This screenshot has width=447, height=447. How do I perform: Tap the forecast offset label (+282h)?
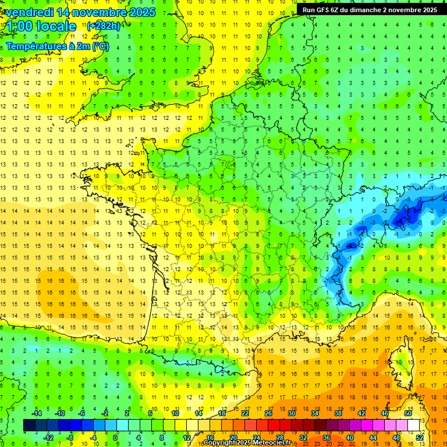pyautogui.click(x=104, y=26)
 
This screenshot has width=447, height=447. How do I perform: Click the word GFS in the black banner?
pyautogui.click(x=328, y=10)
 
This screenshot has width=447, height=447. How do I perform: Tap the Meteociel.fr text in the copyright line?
pyautogui.click(x=275, y=442)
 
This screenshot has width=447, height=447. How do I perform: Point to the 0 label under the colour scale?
pyautogui.click(x=115, y=437)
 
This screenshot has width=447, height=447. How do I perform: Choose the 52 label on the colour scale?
pyautogui.click(x=420, y=437)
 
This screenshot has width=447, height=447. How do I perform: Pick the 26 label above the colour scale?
pyautogui.click(x=268, y=413)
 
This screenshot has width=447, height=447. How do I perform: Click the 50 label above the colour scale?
pyautogui.click(x=408, y=413)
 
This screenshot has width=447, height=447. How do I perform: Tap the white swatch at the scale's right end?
pyautogui.click(x=414, y=425)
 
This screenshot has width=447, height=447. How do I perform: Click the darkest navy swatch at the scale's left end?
pyautogui.click(x=29, y=425)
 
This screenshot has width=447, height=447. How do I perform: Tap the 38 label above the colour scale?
pyautogui.click(x=338, y=413)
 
